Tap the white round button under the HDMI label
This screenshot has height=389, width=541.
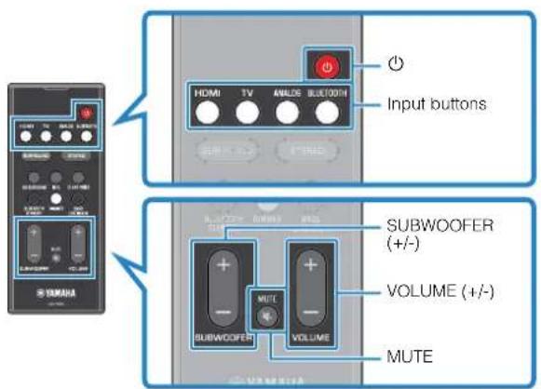207,113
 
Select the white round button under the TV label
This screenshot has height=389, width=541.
246,113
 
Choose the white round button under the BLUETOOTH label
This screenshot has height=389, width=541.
325,113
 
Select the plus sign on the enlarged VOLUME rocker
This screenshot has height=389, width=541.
309,263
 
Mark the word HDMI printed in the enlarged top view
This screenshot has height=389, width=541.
207,93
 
